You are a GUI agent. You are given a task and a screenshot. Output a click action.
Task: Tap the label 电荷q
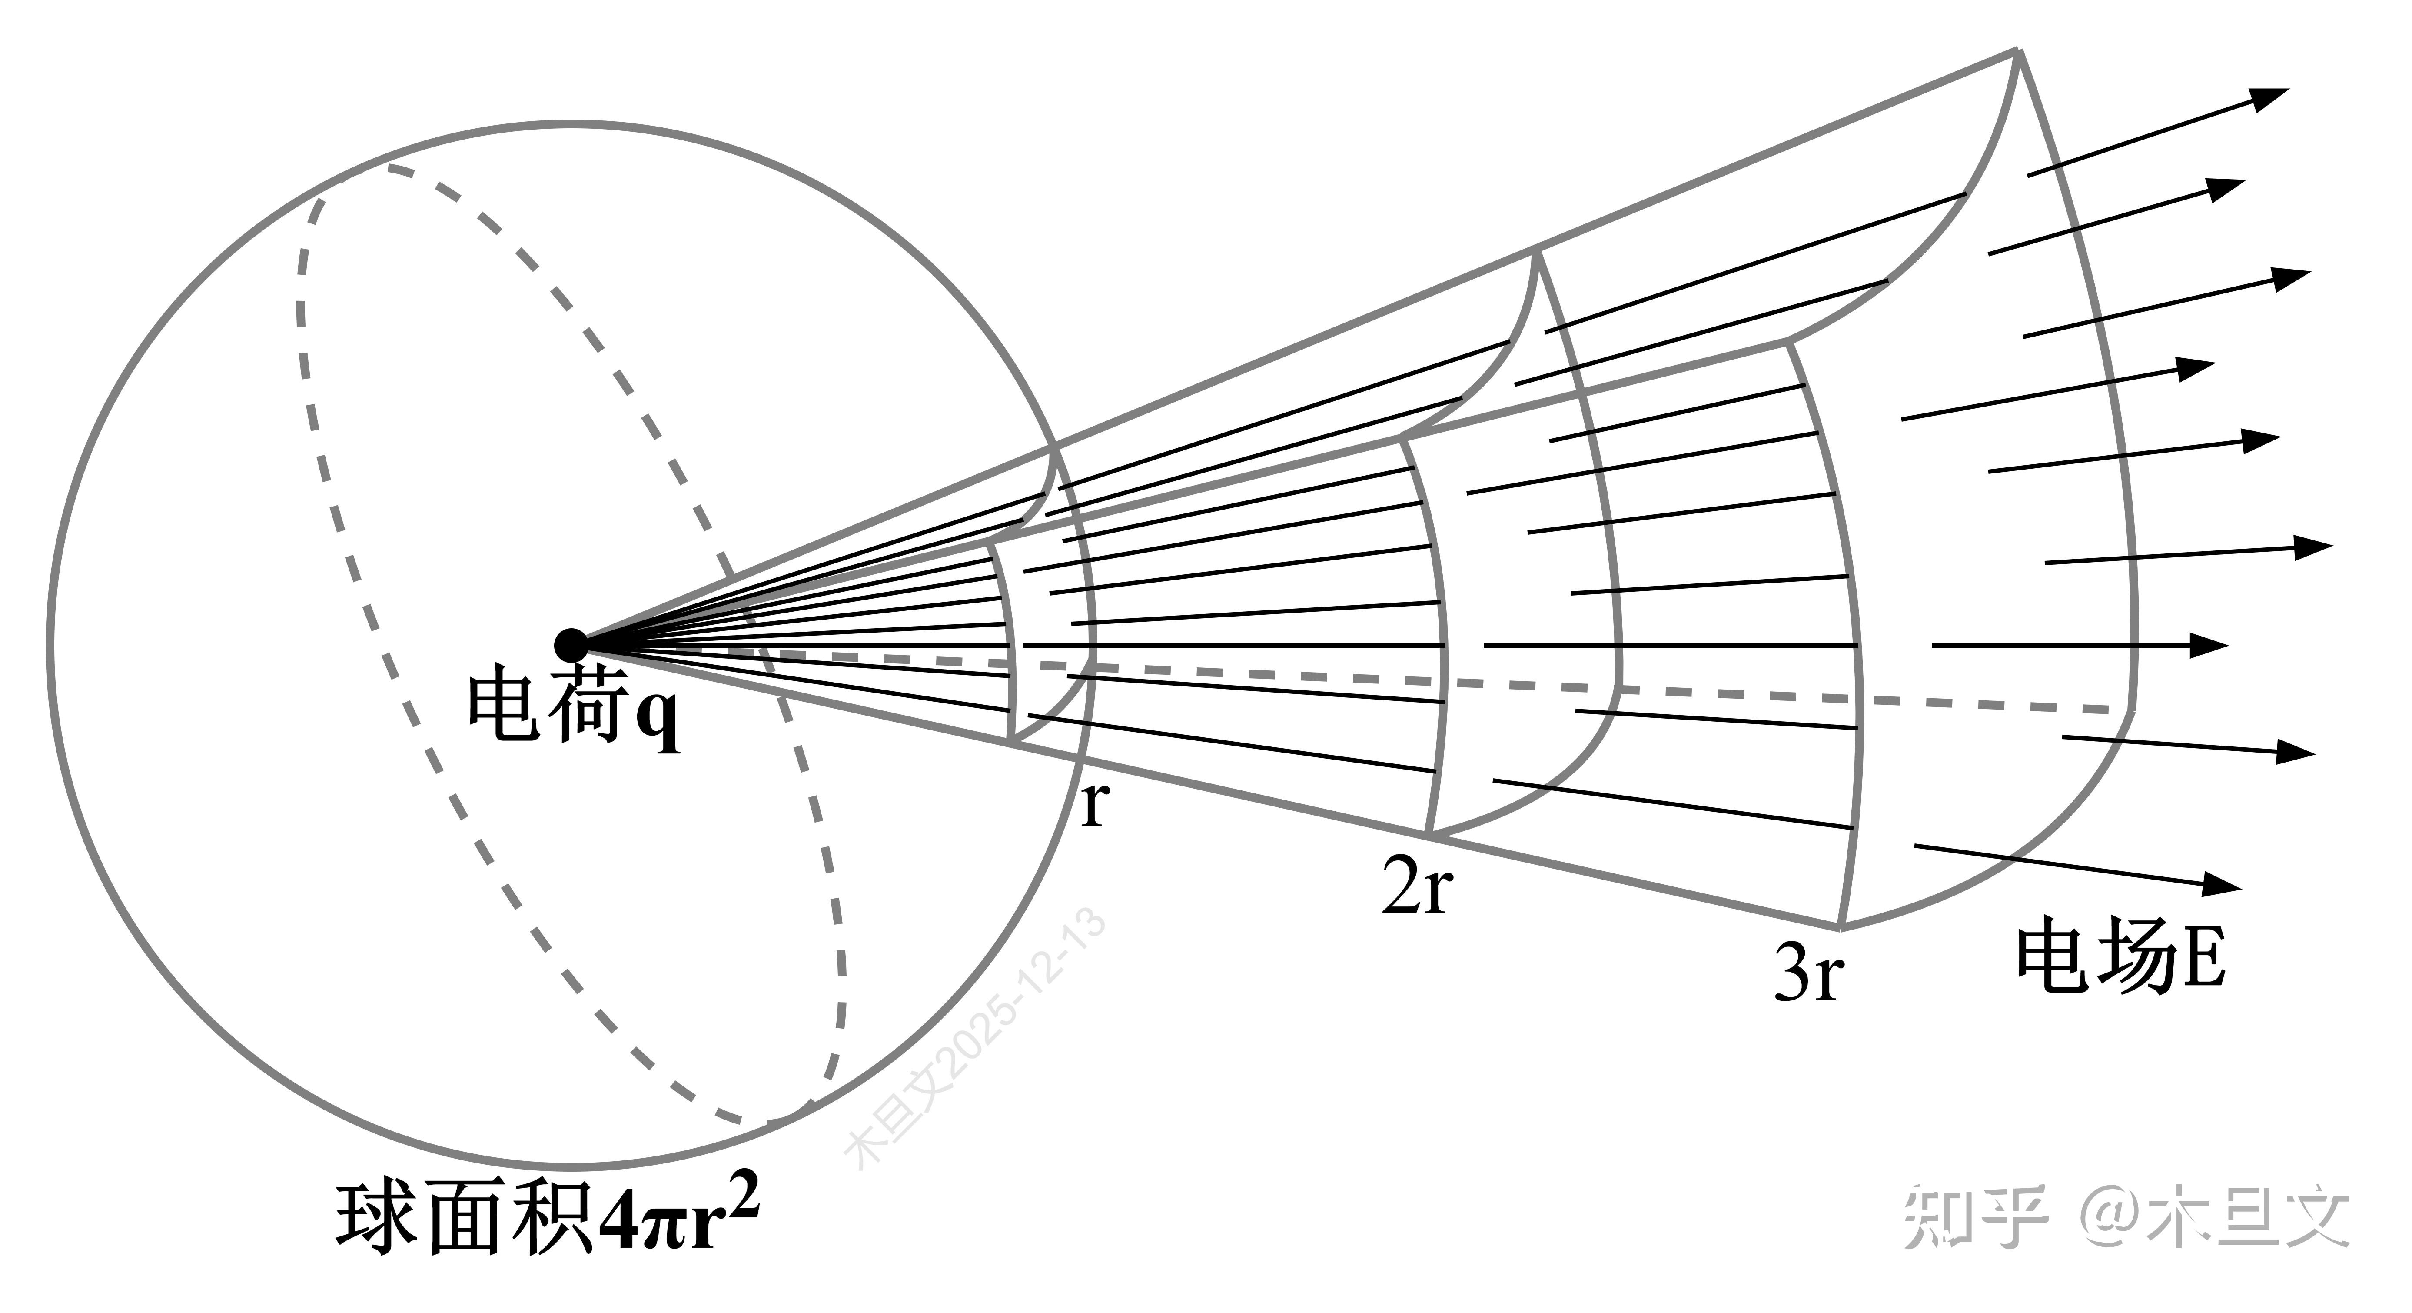pos(573,707)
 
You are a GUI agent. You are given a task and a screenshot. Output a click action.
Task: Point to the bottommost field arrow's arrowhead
pos(2224,883)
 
